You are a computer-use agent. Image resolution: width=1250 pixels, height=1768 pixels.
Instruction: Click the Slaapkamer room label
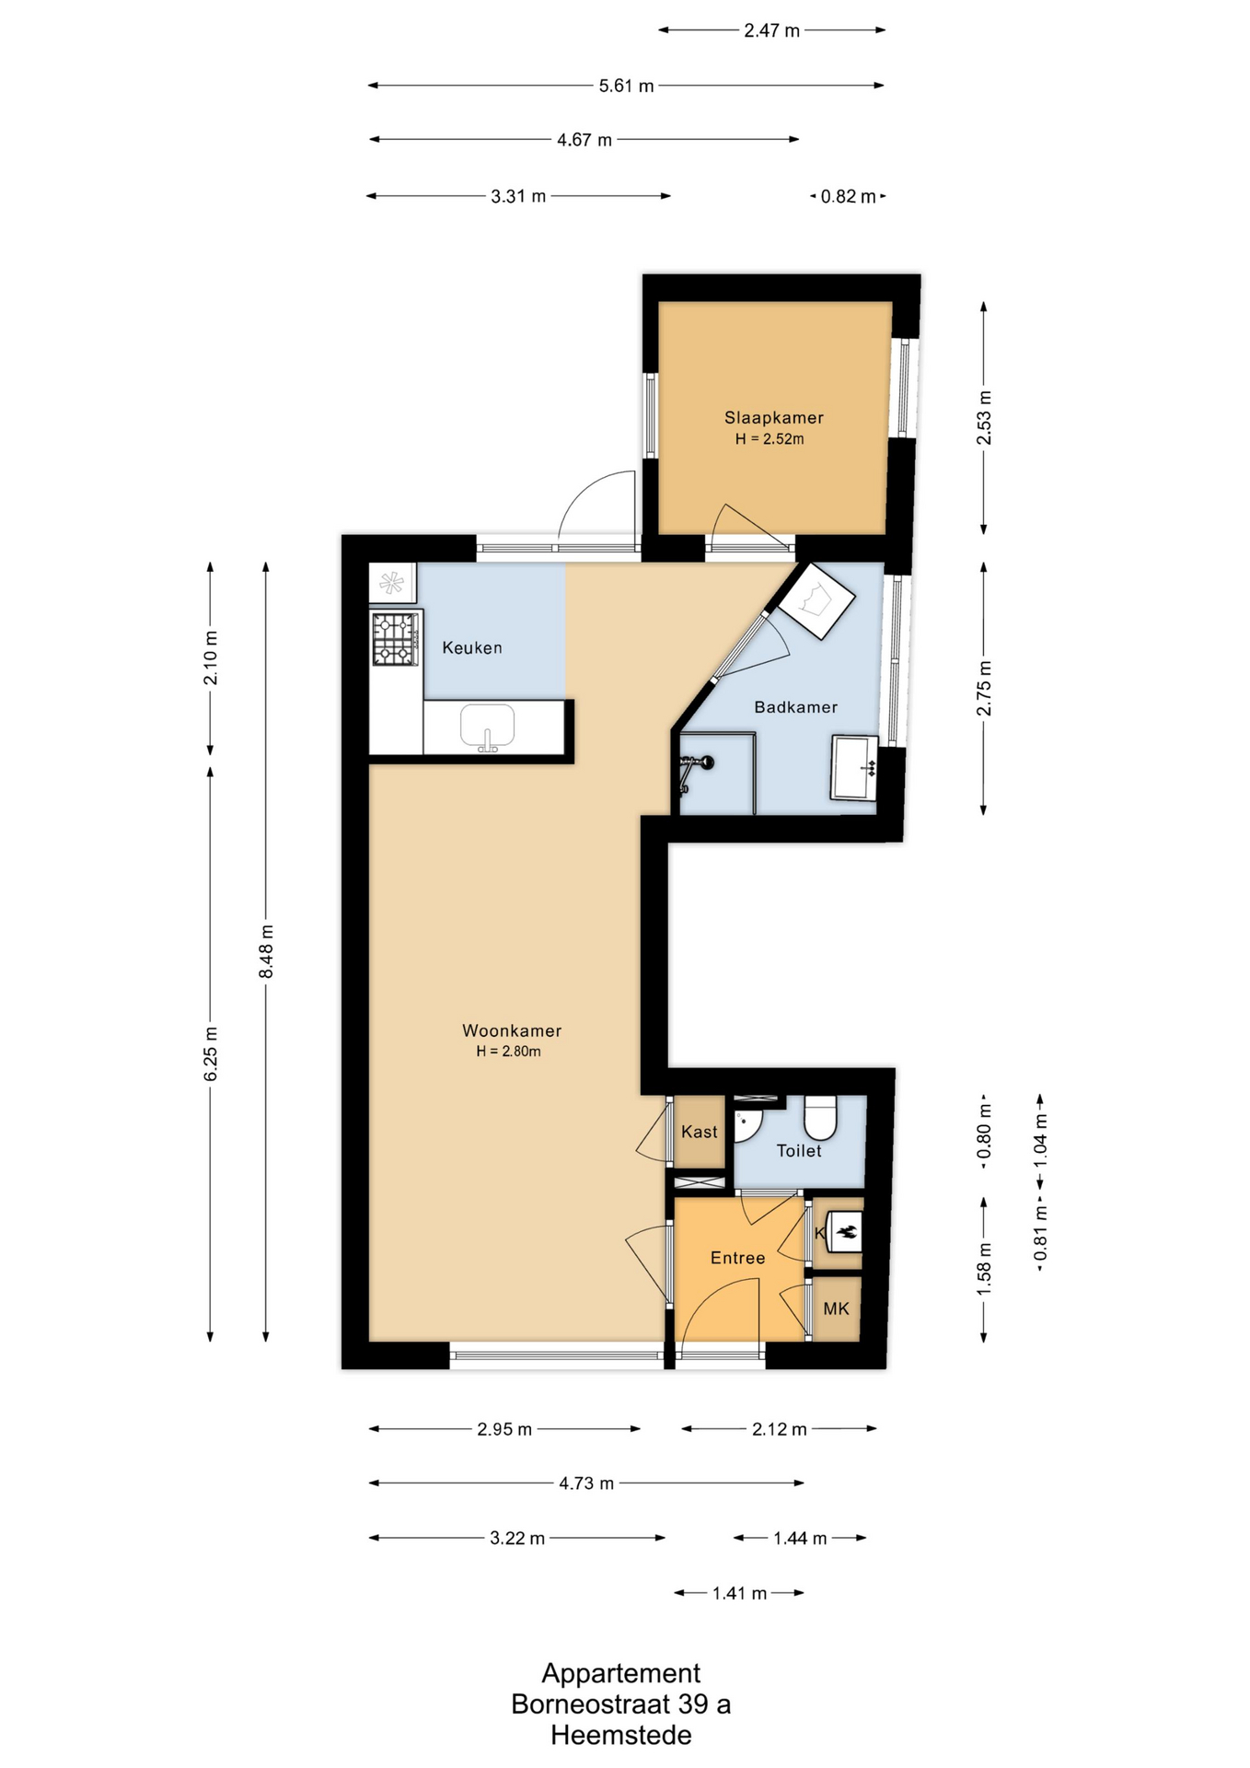pos(773,417)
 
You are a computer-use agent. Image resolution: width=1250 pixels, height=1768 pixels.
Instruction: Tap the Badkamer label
pos(795,707)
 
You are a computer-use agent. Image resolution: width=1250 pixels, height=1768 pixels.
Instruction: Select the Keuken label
pos(472,647)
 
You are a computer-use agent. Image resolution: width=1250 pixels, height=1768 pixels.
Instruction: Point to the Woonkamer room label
pos(512,1030)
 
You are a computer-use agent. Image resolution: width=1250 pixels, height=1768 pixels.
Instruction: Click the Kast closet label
pos(700,1132)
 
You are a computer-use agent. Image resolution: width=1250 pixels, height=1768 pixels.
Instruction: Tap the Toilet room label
pos(799,1150)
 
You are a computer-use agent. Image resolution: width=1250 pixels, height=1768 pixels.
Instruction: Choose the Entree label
pos(737,1258)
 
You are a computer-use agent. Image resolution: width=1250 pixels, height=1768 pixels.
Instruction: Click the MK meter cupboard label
pos(836,1309)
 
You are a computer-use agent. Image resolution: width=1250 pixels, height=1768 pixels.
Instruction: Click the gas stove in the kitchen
pos(396,639)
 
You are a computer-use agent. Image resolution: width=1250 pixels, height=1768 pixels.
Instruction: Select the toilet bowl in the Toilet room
pos(819,1117)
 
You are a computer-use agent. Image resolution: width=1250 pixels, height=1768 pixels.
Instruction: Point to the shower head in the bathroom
pos(706,762)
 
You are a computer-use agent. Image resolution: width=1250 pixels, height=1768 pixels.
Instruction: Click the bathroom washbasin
pos(854,767)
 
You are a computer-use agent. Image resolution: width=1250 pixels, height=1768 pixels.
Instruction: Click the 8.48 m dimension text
pos(266,951)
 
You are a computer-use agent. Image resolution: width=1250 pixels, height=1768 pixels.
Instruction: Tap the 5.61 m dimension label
pos(626,86)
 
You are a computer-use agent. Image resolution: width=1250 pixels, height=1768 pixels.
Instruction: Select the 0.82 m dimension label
pos(848,196)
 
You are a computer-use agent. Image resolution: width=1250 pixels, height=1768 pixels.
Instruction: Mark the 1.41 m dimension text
pos(739,1593)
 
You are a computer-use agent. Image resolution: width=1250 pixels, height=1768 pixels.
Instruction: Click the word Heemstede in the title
pos(621,1736)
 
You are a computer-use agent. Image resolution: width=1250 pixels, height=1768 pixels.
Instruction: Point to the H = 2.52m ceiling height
pos(770,439)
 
